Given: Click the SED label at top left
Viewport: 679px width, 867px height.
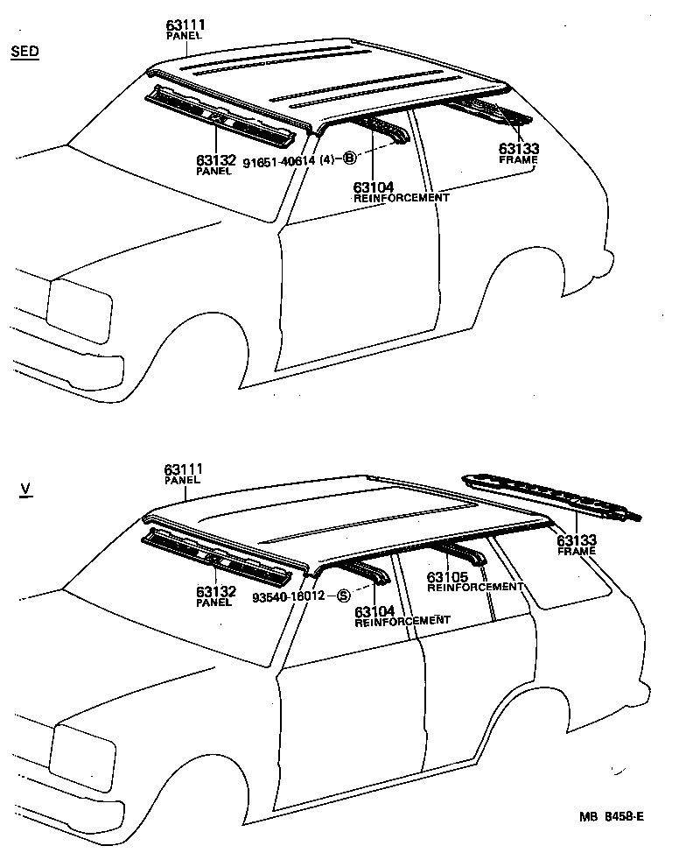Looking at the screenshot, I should (x=24, y=52).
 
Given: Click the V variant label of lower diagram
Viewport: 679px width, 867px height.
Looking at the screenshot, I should (x=24, y=488).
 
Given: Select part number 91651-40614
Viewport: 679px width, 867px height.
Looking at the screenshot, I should (x=278, y=161).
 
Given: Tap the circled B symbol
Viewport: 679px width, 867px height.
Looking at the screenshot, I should (x=349, y=159).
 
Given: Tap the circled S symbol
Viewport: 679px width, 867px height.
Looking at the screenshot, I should (x=344, y=596).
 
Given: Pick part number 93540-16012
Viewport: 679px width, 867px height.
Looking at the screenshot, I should (x=288, y=596).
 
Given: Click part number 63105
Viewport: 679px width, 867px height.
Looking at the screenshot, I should (x=447, y=577).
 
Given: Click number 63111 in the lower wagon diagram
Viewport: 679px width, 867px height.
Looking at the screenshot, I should (x=183, y=470).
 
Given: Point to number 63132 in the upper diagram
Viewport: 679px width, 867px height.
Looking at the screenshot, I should (x=214, y=161).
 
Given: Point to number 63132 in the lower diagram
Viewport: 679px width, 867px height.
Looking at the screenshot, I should (x=214, y=592).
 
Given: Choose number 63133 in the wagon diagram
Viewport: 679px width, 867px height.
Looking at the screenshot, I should (x=576, y=540).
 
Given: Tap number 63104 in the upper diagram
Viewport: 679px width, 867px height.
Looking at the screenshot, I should (x=374, y=187).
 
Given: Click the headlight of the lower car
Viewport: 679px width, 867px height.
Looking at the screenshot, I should (x=84, y=752).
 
